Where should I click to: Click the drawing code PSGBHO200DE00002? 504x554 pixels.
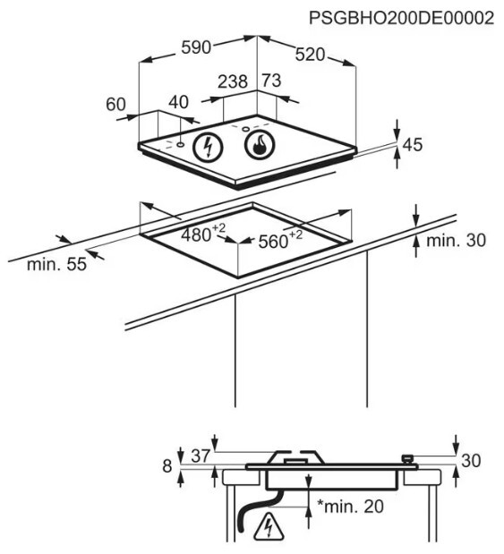click(402, 18)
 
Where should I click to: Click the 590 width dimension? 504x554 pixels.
click(196, 47)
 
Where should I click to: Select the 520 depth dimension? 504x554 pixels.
click(310, 55)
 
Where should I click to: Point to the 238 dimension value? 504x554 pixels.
click(233, 81)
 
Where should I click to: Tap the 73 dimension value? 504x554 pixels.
click(271, 81)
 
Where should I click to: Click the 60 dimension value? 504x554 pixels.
click(115, 104)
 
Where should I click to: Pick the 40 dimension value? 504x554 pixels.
click(178, 102)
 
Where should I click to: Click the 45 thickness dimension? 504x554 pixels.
click(413, 144)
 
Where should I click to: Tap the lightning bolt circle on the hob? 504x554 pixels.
click(208, 147)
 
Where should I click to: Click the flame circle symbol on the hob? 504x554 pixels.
click(260, 144)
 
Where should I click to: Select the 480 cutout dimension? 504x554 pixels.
click(203, 234)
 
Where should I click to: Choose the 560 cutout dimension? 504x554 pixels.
click(280, 240)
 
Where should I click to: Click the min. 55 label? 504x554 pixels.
click(56, 264)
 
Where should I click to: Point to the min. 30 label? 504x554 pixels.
click(457, 241)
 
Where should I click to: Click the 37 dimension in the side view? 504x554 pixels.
click(201, 456)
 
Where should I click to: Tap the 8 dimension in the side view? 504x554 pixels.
click(167, 466)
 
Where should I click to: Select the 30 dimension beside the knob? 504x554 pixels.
click(471, 461)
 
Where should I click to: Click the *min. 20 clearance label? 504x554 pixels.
click(350, 507)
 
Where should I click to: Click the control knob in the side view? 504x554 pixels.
click(407, 458)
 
